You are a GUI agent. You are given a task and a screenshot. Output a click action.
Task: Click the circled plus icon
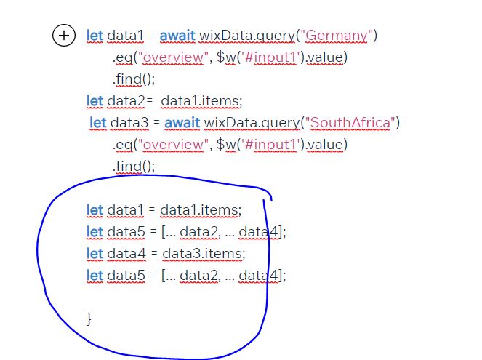pos(64,36)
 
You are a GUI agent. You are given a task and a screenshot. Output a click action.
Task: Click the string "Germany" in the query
pos(337,36)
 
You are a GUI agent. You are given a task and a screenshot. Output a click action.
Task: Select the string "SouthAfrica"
pos(350,123)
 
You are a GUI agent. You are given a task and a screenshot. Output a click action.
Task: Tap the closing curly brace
pos(89,319)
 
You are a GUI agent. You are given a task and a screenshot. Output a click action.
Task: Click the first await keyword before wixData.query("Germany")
pos(177,36)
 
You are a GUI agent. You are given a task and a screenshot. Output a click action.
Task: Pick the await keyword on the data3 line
pos(182,123)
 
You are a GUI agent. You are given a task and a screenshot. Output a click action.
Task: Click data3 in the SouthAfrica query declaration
pos(129,123)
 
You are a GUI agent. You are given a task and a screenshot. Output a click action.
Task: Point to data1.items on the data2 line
pos(201,101)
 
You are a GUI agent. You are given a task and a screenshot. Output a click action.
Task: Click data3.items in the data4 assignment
pos(204,254)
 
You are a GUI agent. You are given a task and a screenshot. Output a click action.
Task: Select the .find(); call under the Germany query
pos(134,79)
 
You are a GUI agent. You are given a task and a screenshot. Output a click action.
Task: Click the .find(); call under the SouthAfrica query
pos(134,167)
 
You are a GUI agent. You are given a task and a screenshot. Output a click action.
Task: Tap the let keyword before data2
pos(95,101)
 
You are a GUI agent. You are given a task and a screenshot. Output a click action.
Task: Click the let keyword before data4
pos(95,254)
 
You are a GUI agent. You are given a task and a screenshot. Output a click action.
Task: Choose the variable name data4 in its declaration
pos(126,254)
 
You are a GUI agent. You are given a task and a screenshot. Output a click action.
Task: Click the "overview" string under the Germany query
pos(173,57)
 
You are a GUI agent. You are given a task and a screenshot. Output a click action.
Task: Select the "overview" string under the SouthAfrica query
pos(173,145)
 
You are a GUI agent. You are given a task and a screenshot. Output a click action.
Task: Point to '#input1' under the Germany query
pos(270,57)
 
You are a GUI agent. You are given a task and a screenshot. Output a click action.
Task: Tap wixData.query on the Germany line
pos(247,36)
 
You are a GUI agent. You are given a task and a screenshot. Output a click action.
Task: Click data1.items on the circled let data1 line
pos(201,210)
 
